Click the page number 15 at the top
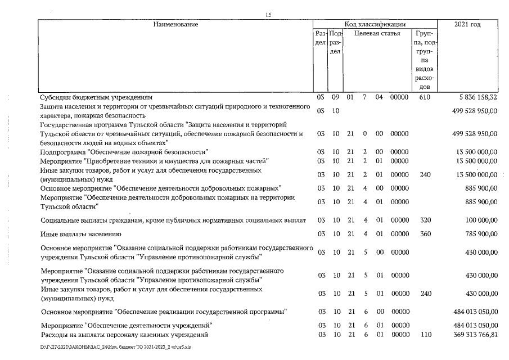269,15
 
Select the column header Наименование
174,24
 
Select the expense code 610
425,97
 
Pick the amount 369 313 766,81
470,335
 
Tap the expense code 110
425,335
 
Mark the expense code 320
425,220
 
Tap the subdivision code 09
335,97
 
